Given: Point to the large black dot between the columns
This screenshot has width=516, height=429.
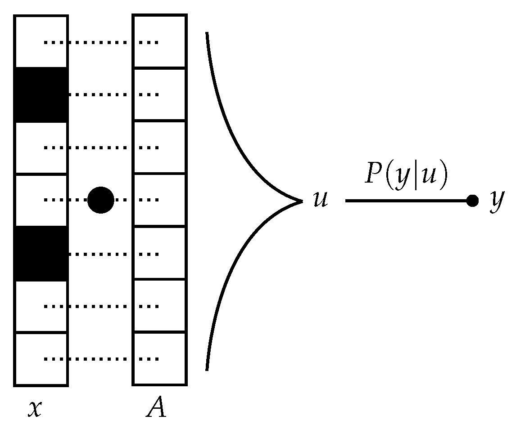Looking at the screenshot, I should [x=100, y=200].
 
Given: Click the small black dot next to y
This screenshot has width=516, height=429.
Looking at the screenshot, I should [x=472, y=201].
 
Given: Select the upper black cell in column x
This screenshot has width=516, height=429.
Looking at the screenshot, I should [x=41, y=94].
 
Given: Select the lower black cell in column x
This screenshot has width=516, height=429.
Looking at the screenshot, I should [x=41, y=253].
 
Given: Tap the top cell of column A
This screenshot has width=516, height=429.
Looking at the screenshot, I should [x=159, y=42].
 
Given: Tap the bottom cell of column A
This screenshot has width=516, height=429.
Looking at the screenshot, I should [x=159, y=359].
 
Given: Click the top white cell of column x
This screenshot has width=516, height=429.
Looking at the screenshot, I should [x=41, y=42].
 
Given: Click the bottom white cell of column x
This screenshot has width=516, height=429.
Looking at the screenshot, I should [x=41, y=359].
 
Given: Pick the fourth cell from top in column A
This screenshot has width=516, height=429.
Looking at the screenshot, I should [x=159, y=200].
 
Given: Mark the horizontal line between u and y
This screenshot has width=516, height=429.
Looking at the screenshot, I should [x=405, y=201].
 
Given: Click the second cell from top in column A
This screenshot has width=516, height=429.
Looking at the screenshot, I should [x=159, y=94].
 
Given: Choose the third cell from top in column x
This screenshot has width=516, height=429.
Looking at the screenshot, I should [x=41, y=147].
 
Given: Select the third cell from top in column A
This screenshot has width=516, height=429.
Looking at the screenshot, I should [x=159, y=147].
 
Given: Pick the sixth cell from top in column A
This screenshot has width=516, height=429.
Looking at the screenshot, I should [x=159, y=306].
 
